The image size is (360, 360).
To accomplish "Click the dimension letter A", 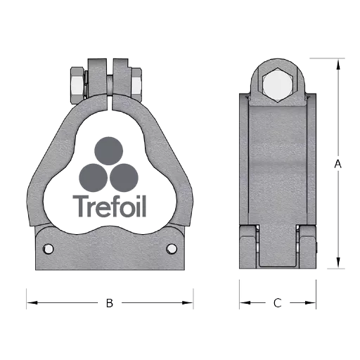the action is pyautogui.click(x=337, y=164).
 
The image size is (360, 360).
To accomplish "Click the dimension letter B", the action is pyautogui.click(x=110, y=303).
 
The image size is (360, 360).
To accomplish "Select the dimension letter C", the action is pyautogui.click(x=278, y=303).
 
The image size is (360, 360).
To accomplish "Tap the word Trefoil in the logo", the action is pyautogui.click(x=110, y=206).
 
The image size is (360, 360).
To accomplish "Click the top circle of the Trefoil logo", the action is pyautogui.click(x=108, y=151).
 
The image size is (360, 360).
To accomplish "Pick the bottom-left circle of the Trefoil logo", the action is pyautogui.click(x=94, y=178).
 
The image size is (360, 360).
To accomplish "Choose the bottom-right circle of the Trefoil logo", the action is pyautogui.click(x=124, y=178).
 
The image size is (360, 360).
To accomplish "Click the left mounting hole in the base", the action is pyautogui.click(x=49, y=249).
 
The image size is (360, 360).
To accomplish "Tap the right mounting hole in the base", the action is pyautogui.click(x=172, y=249).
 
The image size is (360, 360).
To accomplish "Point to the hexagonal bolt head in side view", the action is pyautogui.click(x=278, y=85).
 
